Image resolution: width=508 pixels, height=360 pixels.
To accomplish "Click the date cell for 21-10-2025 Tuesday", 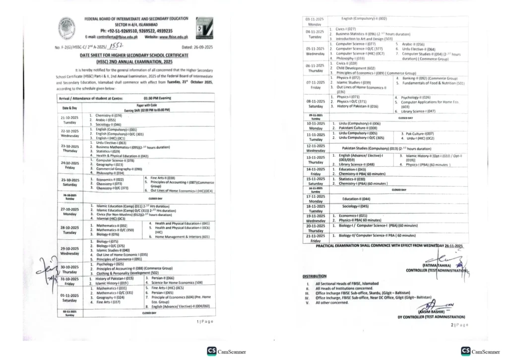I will coord(69,120).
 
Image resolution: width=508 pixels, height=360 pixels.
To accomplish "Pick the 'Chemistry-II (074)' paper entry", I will coord(108,115).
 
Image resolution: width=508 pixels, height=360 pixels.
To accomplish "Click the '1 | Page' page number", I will coord(205,322).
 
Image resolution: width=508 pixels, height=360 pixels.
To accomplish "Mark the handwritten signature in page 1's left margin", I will coord(52,271).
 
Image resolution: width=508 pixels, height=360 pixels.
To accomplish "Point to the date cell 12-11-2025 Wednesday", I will coord(316,148).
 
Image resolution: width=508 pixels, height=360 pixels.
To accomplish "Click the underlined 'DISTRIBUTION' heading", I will coord(315,276).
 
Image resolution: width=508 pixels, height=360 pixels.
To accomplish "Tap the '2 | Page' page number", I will coord(459,324).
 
